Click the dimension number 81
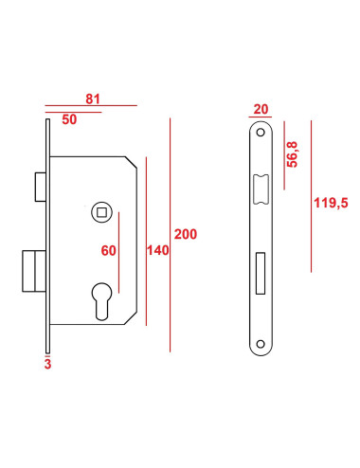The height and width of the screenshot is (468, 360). (x=93, y=98)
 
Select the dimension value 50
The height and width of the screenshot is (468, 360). (x=69, y=119)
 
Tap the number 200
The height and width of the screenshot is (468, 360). (x=186, y=234)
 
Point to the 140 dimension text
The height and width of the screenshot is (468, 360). (x=158, y=250)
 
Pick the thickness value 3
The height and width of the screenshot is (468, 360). (x=46, y=361)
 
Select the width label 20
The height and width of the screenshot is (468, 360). (x=262, y=109)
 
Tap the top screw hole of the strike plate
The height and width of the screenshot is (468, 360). (x=261, y=135)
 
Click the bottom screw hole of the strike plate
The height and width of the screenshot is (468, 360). (x=261, y=343)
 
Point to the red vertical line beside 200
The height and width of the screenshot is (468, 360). (x=170, y=234)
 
